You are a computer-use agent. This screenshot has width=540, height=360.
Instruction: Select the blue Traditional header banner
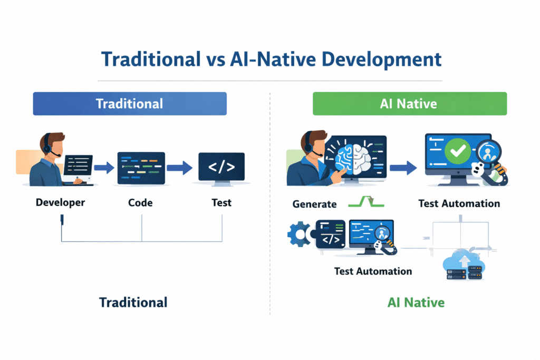(130, 103)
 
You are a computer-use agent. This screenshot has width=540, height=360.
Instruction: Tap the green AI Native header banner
(409, 103)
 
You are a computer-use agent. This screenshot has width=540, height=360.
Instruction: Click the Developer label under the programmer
(60, 202)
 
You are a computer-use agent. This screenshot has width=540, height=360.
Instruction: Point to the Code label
(140, 202)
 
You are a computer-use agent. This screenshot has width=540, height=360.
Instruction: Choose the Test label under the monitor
(221, 202)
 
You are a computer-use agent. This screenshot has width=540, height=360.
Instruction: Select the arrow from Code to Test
(179, 168)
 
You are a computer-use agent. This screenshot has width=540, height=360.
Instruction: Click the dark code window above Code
(141, 168)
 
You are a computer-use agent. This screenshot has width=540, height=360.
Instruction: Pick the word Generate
(315, 203)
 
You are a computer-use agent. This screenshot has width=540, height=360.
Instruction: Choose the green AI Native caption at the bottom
(416, 303)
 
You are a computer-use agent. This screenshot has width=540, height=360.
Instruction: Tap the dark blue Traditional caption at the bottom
(133, 303)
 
